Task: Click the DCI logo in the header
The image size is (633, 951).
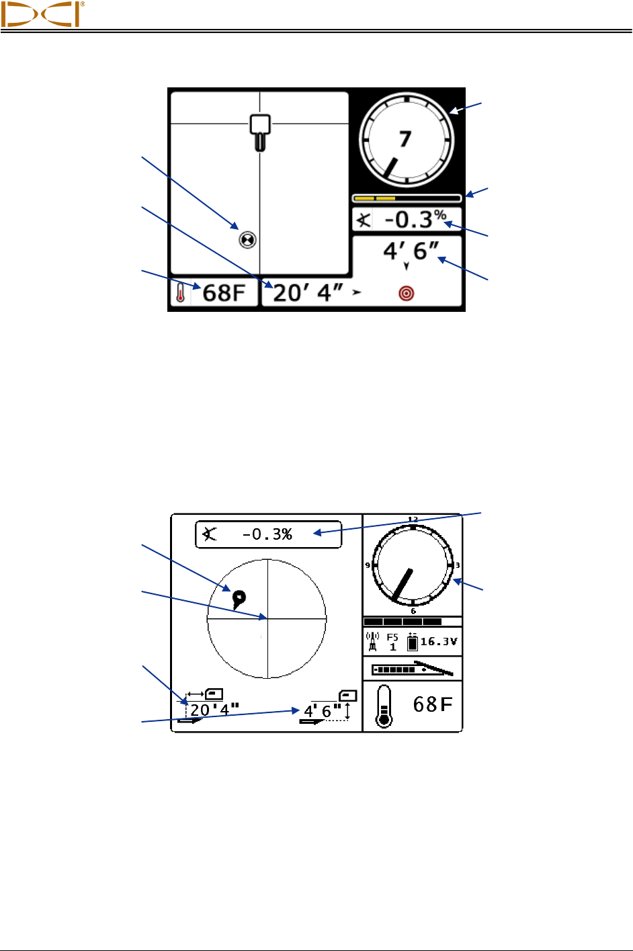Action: point(42,14)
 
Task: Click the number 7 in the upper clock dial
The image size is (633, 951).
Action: point(405,139)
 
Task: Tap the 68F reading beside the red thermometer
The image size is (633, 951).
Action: point(224,292)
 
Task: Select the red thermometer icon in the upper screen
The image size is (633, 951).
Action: point(181,292)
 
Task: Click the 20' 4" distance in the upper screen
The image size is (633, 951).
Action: point(308,293)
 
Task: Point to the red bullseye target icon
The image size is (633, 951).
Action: point(407,294)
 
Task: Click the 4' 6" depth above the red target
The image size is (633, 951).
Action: point(411,251)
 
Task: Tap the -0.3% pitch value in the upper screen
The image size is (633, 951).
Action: point(415,219)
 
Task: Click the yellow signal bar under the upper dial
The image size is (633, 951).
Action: point(375,198)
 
